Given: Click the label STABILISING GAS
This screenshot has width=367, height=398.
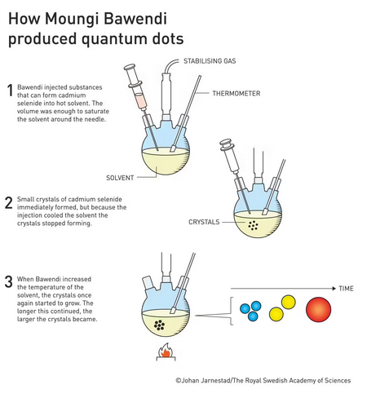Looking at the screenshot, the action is click(210, 61).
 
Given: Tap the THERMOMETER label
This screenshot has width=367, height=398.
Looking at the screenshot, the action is click(237, 94).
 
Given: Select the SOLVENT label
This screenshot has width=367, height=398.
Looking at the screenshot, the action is click(120, 178).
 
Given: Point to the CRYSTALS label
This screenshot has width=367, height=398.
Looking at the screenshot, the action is click(204, 222).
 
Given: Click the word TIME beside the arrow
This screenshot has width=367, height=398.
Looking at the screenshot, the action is click(346, 289).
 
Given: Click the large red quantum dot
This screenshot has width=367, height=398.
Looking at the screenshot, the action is click(318, 309).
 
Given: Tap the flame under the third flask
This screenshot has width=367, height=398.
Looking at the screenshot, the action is click(166, 351).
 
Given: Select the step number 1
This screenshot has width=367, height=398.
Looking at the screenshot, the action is click(10, 91).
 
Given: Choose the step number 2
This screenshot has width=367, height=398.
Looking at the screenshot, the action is click(9, 203).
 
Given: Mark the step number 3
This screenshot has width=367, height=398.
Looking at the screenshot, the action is click(9, 282).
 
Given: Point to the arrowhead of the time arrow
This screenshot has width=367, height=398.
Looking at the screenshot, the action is click(334, 289).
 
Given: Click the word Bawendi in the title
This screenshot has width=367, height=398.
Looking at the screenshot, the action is click(135, 19).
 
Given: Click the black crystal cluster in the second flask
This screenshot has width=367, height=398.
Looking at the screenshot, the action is click(253, 225).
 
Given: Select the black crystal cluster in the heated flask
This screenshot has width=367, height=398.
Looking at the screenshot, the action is click(159, 325).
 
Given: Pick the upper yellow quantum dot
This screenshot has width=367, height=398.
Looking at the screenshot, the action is click(288, 302).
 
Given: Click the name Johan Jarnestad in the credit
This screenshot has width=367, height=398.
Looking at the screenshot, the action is click(206, 380).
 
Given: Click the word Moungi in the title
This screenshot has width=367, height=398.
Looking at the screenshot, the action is click(73, 19).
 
